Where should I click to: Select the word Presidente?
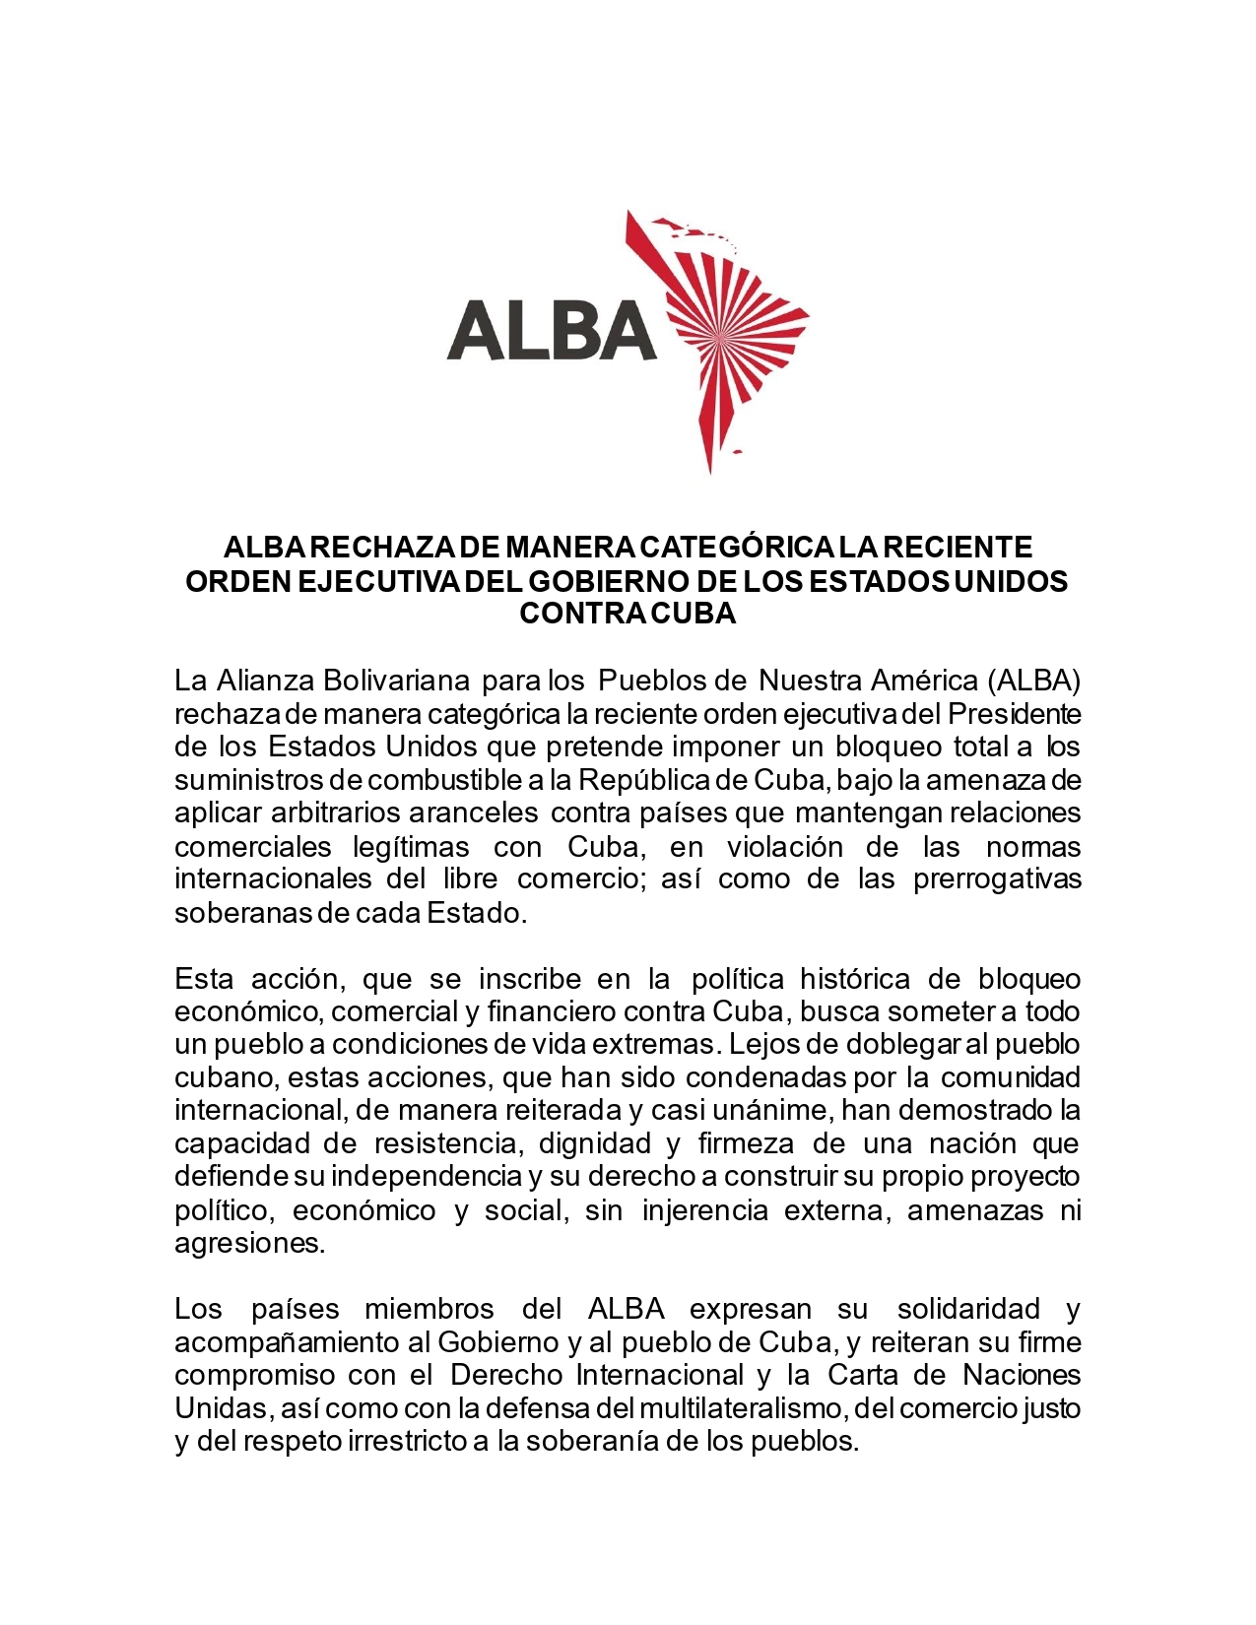click(x=1014, y=714)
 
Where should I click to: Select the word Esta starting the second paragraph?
click(x=202, y=979)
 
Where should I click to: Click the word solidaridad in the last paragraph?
click(x=968, y=1310)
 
